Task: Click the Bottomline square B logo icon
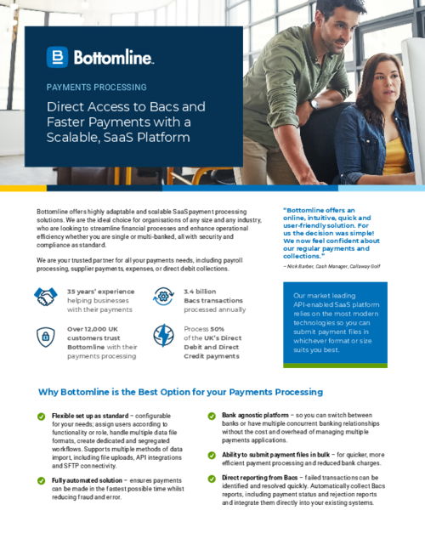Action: click(57, 58)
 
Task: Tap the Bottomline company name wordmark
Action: click(114, 58)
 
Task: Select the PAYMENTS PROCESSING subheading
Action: click(96, 87)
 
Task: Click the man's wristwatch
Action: click(314, 104)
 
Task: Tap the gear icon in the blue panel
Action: click(163, 296)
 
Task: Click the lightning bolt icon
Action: click(163, 337)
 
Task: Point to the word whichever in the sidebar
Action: click(311, 341)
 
